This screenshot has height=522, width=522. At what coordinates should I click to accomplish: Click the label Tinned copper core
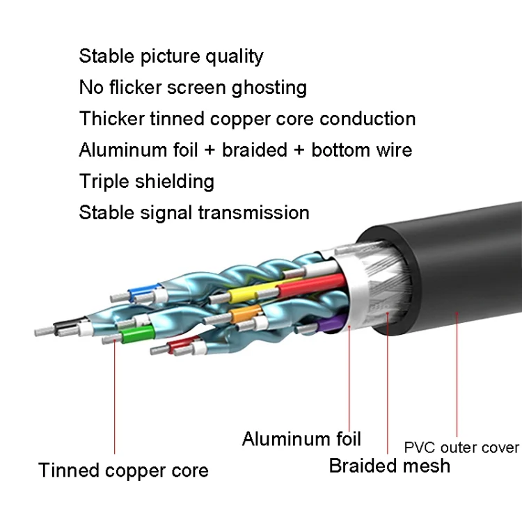click(x=123, y=470)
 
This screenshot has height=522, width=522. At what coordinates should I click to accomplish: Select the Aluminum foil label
click(x=301, y=438)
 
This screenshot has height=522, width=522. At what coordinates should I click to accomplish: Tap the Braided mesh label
click(x=389, y=465)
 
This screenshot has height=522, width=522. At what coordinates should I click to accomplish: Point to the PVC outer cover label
click(x=461, y=447)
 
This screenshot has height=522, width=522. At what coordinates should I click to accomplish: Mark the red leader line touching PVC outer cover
click(x=457, y=376)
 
